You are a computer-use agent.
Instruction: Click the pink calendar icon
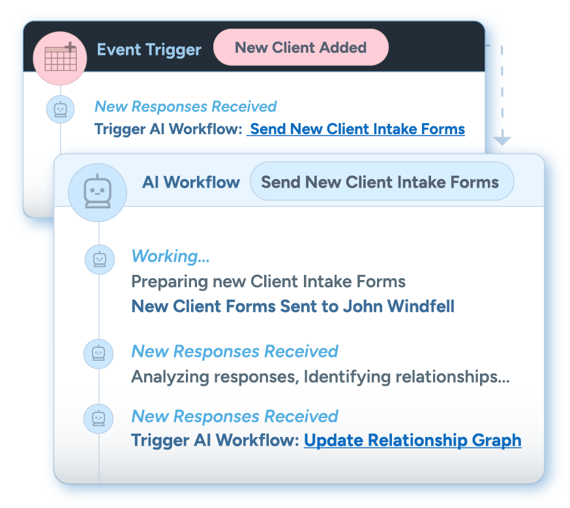point(60,58)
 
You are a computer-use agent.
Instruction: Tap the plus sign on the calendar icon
point(70,47)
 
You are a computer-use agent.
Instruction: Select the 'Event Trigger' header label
point(149,49)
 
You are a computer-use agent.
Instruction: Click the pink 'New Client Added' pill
point(301,48)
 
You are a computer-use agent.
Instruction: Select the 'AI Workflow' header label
point(191,182)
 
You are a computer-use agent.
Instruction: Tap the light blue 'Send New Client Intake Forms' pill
point(381,182)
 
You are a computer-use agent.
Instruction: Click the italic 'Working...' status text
point(171,256)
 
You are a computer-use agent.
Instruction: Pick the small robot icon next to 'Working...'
point(99,259)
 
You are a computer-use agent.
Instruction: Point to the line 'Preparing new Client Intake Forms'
point(269,282)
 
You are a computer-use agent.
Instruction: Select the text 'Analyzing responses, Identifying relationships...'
point(320,376)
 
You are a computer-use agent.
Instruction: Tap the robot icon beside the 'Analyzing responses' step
point(98,354)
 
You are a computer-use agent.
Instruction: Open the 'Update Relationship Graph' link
point(413,440)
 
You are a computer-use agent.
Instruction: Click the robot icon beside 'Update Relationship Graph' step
point(98,417)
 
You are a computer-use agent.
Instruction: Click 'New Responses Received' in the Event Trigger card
point(186,107)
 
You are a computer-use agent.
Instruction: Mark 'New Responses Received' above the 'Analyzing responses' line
point(235,352)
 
